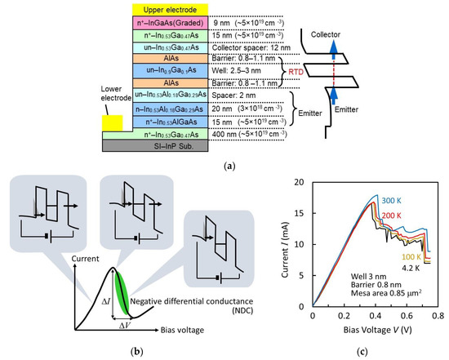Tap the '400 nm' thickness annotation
click(x=226, y=133)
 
